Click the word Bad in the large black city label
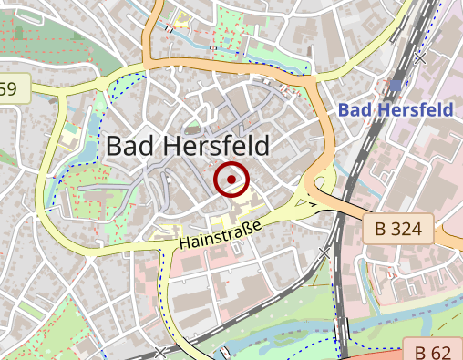[130, 146]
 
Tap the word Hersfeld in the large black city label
[215, 146]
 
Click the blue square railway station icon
[395, 85]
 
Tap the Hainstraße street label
[221, 235]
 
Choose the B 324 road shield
[398, 228]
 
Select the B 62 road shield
[434, 351]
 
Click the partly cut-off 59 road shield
[11, 88]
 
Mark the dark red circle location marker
[232, 180]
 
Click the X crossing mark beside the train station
[419, 58]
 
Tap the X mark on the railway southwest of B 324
[325, 252]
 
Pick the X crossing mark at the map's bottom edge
[161, 353]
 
